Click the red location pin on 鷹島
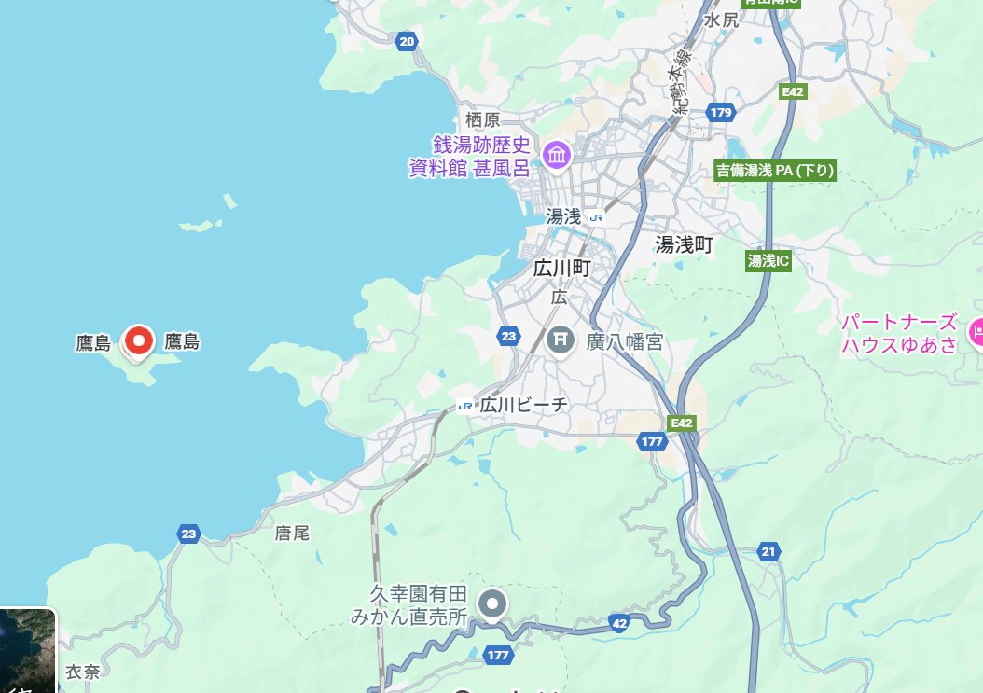[139, 341]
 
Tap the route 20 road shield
[407, 41]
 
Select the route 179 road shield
[721, 112]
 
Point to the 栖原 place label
[482, 119]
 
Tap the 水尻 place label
[721, 20]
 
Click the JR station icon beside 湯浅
[597, 216]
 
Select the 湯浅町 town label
[684, 244]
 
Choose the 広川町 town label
[562, 269]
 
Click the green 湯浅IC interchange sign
[768, 261]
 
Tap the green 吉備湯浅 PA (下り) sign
[774, 171]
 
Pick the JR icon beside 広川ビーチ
[465, 406]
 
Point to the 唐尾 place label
[291, 534]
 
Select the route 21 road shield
[768, 550]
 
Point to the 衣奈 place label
[82, 672]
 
